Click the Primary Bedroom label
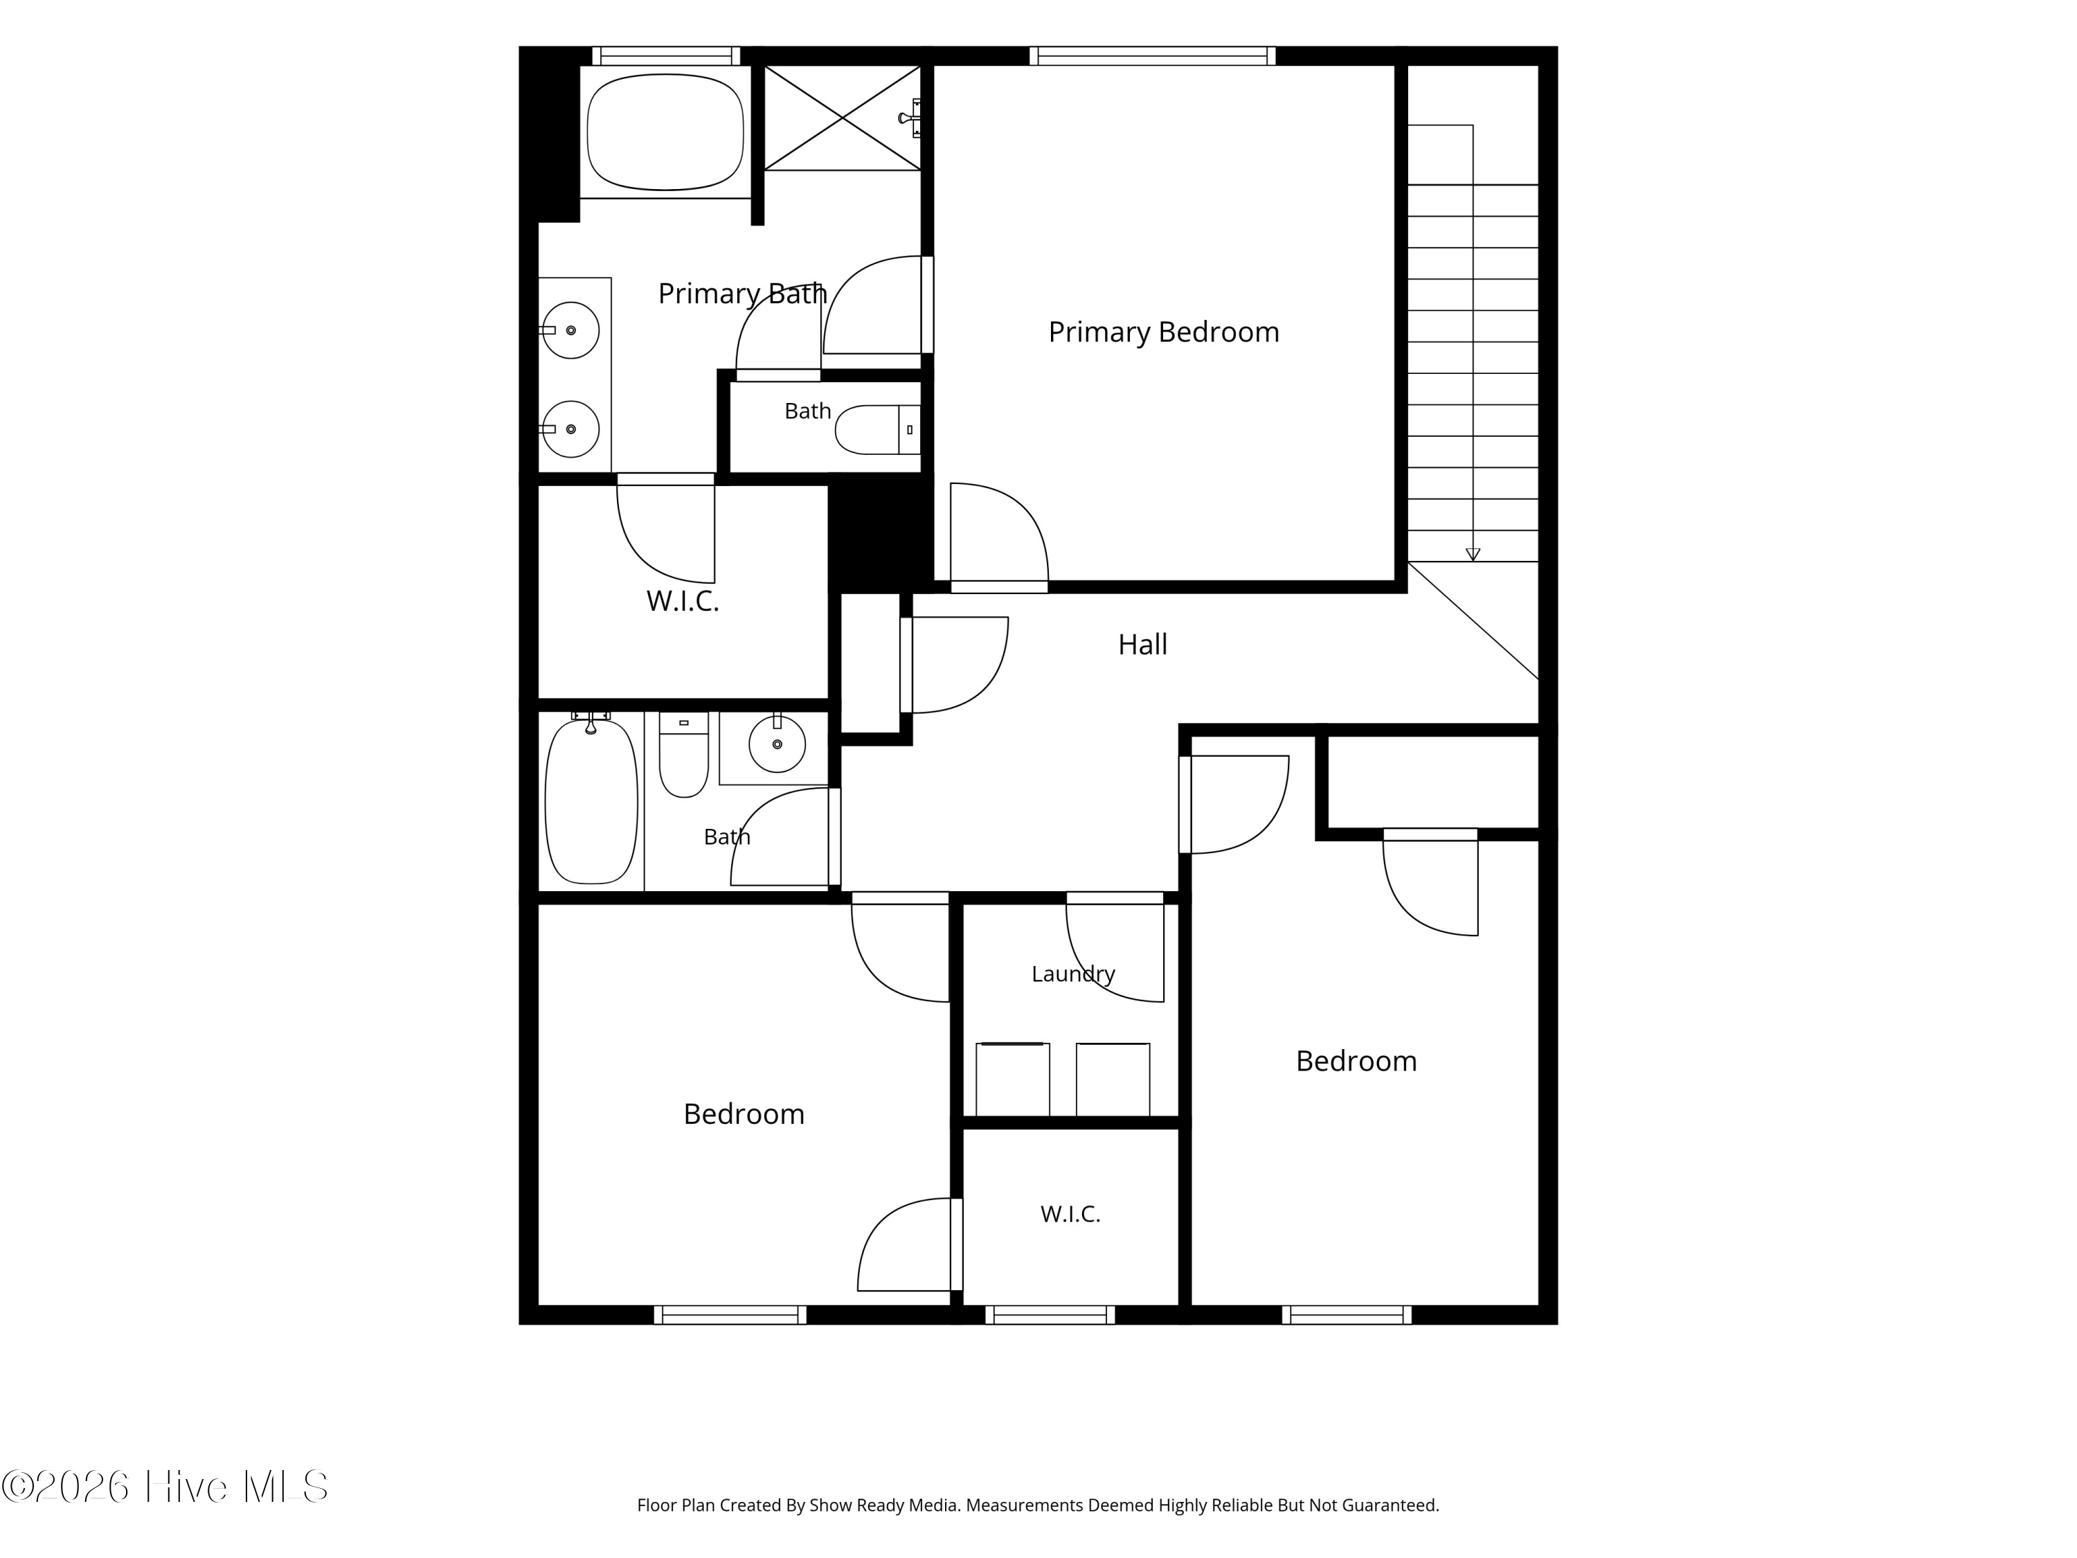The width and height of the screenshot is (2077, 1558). [1163, 332]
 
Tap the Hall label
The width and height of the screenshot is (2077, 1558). [1143, 644]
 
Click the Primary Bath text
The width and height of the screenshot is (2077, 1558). [741, 294]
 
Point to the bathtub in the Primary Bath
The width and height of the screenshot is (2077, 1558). [665, 132]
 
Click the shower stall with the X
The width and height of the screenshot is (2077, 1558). [843, 118]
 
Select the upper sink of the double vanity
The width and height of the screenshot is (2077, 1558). [570, 330]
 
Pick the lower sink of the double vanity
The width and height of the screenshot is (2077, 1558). [570, 429]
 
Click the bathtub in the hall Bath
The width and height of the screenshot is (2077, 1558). [591, 801]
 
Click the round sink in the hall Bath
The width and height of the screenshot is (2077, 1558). [777, 744]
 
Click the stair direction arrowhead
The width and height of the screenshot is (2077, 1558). [1473, 555]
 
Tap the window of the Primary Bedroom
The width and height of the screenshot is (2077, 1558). [1152, 55]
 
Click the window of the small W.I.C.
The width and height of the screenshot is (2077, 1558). [1050, 1315]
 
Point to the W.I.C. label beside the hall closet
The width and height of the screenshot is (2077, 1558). [683, 601]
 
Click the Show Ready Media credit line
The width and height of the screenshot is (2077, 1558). [1038, 1505]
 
